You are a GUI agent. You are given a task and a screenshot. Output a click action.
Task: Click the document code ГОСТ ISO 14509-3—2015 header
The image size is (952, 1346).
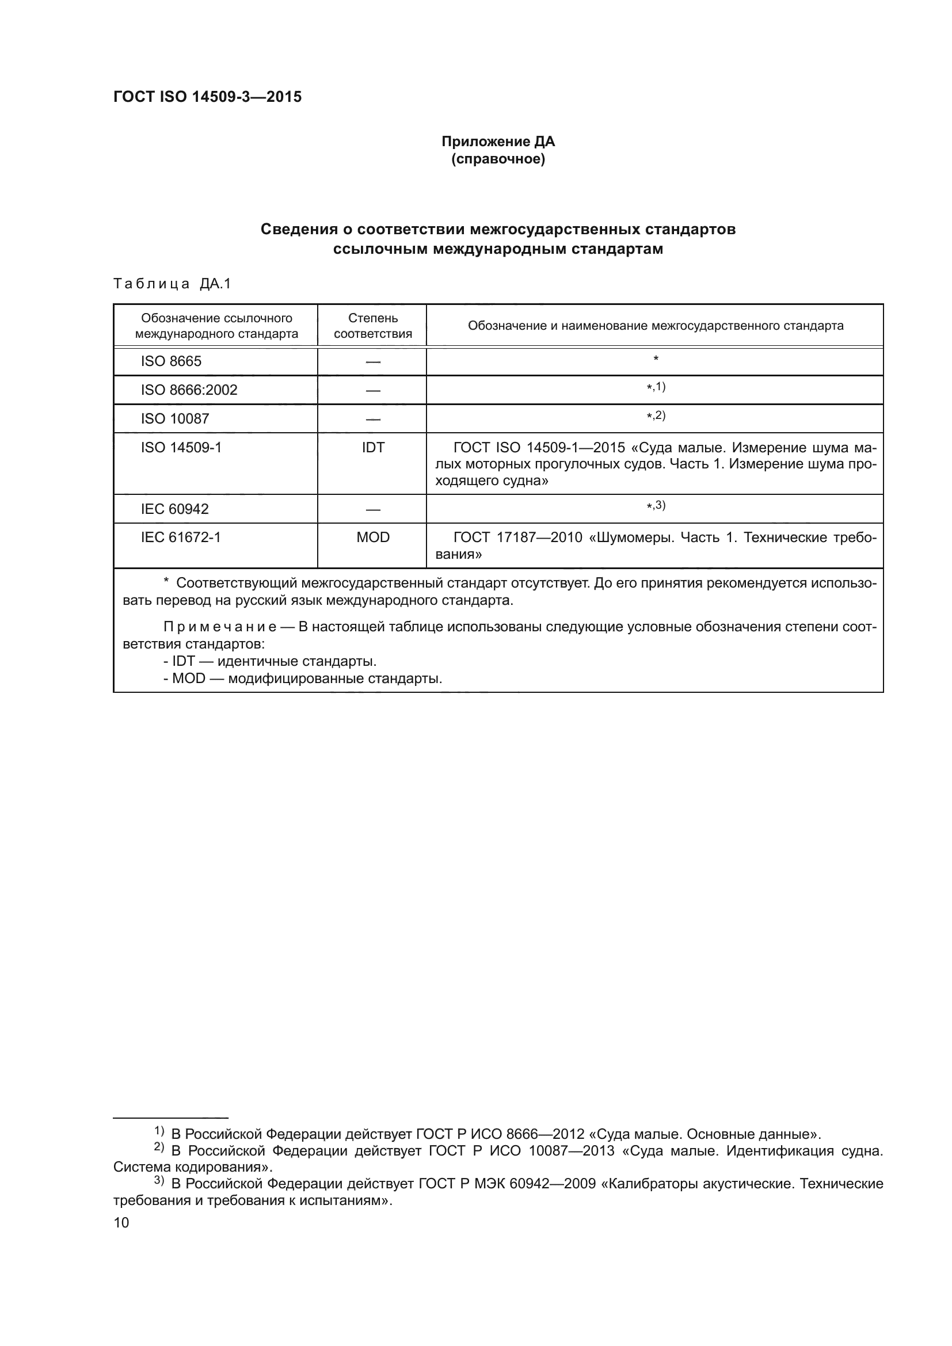208,97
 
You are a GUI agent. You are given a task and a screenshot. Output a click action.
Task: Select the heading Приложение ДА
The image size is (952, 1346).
498,142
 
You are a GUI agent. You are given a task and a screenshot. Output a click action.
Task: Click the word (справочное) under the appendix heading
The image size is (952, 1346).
498,159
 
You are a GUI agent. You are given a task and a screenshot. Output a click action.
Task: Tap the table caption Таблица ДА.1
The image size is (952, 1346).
172,284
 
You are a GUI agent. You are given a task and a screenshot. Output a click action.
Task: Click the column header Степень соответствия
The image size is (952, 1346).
372,325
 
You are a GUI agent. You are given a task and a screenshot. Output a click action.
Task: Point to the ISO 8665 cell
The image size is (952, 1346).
171,361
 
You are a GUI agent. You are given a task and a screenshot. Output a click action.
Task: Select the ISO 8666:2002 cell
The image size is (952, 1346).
189,390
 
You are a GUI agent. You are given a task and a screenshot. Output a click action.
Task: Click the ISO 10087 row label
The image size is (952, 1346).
175,418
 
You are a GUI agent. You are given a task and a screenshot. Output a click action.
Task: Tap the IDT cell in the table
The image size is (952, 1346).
372,447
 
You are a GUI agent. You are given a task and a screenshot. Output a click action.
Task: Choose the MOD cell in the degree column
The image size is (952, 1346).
372,537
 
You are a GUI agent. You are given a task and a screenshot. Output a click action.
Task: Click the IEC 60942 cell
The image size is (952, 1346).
175,508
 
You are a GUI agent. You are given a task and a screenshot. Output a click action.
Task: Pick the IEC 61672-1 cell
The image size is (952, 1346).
181,537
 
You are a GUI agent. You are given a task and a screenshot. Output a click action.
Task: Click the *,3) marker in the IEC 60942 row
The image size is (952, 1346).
656,505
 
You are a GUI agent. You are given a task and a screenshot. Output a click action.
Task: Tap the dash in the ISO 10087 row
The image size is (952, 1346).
372,419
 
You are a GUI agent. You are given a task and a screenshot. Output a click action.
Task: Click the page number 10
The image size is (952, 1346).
121,1222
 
